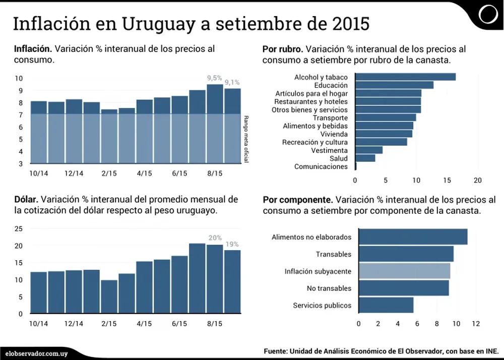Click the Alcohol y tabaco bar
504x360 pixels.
point(406,77)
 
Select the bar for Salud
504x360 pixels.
point(365,158)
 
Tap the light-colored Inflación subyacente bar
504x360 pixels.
point(404,271)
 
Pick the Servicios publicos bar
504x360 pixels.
point(386,305)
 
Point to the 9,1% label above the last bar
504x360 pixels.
point(232,83)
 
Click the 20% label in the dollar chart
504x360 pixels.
point(215,238)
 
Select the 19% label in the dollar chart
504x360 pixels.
point(232,244)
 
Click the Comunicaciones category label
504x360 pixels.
point(321,166)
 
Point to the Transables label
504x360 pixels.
point(334,254)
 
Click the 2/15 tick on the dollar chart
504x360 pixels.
point(109,323)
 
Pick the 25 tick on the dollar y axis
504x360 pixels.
point(19,228)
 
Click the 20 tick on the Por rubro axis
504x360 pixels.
point(478,180)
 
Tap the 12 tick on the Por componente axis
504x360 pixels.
point(476,323)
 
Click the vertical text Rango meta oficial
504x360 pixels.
point(246,139)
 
